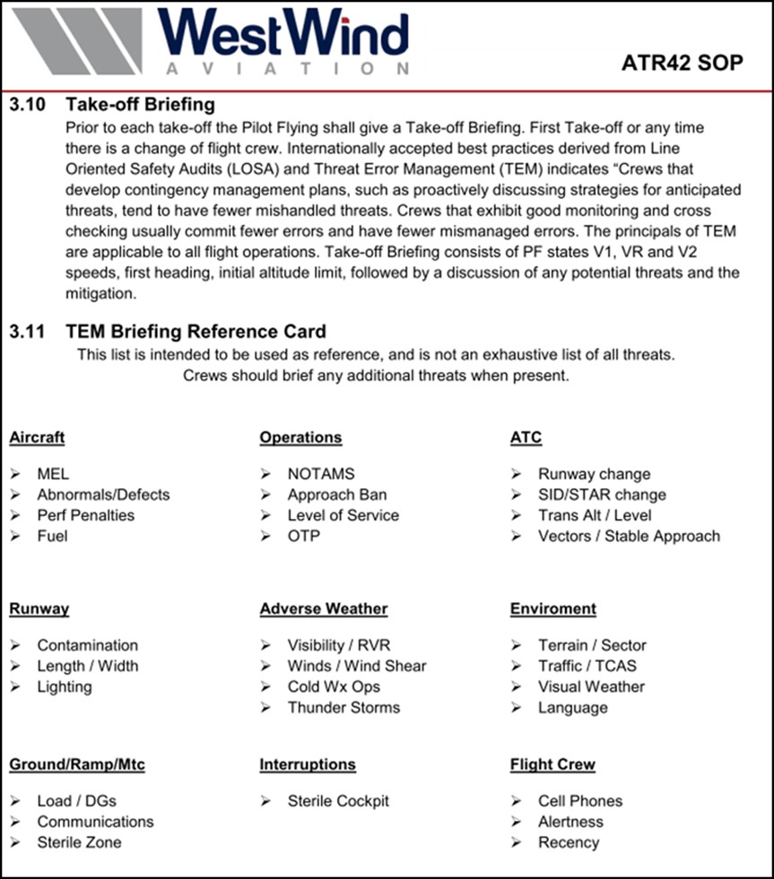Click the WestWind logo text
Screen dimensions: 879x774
pos(284,34)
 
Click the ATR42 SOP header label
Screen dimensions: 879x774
pos(682,63)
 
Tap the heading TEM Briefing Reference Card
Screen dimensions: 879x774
pos(196,332)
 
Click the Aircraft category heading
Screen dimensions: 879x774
pos(37,438)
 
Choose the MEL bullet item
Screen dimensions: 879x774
pos(53,474)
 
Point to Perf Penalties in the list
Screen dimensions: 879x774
pos(85,515)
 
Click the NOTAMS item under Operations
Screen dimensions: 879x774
pos(320,474)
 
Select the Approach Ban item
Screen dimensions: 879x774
pos(336,495)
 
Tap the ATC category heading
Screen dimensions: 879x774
pos(526,438)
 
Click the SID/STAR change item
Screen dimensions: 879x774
pos(602,495)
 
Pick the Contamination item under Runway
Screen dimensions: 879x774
pos(87,645)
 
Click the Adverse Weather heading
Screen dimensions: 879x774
pos(323,609)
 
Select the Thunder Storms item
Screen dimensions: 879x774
pos(344,707)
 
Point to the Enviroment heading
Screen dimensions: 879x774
pos(552,609)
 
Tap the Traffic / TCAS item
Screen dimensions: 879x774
pos(587,666)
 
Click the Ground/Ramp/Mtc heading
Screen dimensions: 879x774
pos(76,765)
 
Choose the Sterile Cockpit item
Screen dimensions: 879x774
pos(338,801)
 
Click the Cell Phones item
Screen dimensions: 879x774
pos(579,801)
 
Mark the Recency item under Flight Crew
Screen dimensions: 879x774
pos(568,842)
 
